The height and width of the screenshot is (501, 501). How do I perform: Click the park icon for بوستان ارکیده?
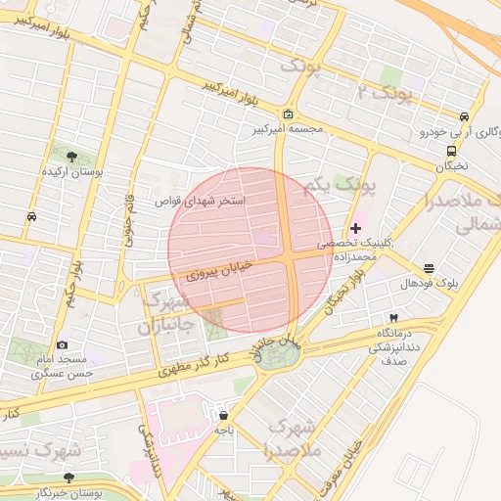[x=68, y=155]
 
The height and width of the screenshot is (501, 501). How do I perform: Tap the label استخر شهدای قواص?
[x=202, y=201]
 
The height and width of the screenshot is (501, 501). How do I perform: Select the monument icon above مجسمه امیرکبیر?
[x=288, y=114]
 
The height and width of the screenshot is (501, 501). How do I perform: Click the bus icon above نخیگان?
[x=451, y=151]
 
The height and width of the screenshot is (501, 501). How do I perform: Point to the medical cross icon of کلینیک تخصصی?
[x=355, y=228]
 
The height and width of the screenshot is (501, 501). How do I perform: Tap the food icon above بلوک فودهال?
[x=429, y=268]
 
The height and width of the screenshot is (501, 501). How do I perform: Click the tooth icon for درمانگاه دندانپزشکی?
[x=393, y=318]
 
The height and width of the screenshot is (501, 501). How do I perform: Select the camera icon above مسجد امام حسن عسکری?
[x=62, y=344]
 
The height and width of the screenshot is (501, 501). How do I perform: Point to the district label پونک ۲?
[x=384, y=93]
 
